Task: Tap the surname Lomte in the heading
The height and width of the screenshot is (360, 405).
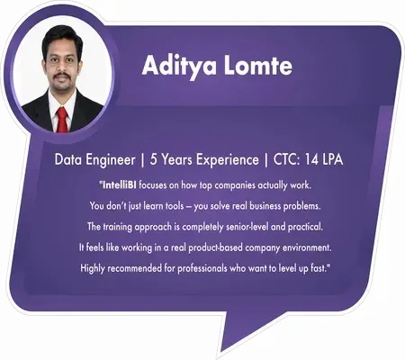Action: point(256,69)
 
